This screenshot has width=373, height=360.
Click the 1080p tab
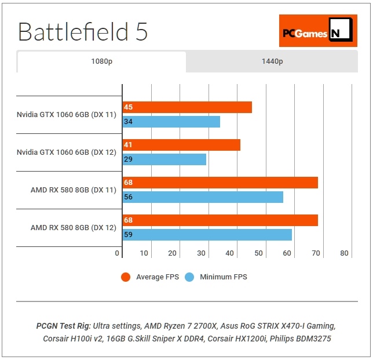click(x=101, y=61)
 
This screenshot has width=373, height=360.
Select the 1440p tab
click(x=271, y=61)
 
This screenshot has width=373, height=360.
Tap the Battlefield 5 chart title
click(x=83, y=32)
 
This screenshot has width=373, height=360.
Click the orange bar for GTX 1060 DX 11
click(x=187, y=107)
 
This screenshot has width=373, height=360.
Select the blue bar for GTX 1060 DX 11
click(x=171, y=122)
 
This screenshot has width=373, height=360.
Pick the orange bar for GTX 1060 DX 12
click(x=181, y=145)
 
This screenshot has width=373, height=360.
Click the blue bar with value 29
click(x=164, y=159)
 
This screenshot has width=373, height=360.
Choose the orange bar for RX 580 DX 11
click(x=220, y=183)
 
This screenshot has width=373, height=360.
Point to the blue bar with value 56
click(x=203, y=197)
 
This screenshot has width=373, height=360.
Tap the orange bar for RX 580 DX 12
click(x=220, y=220)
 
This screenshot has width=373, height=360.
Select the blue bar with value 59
click(x=207, y=235)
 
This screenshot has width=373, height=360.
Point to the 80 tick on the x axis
click(x=344, y=253)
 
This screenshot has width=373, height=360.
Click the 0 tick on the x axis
click(x=117, y=253)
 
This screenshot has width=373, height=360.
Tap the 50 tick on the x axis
click(x=258, y=253)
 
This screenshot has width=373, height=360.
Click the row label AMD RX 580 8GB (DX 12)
click(x=74, y=228)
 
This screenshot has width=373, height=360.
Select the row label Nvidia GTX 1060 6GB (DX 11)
click(x=67, y=115)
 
